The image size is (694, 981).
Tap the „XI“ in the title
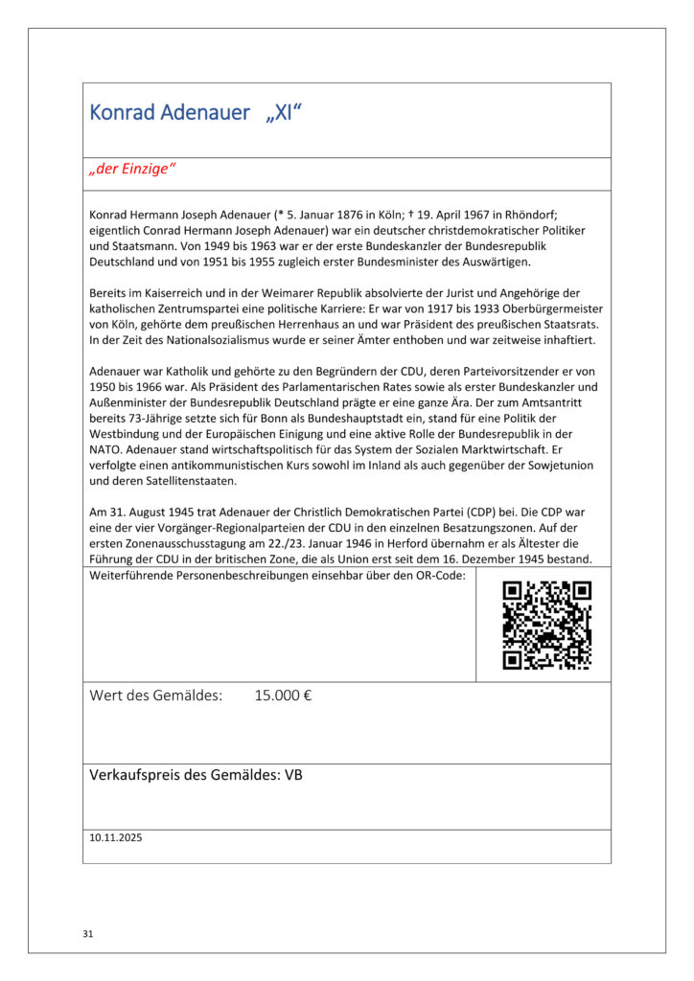(x=283, y=113)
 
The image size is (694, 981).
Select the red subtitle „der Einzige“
(x=132, y=171)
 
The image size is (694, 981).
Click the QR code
(x=546, y=625)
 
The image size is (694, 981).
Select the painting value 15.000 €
(x=283, y=696)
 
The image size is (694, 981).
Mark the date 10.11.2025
(x=115, y=837)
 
